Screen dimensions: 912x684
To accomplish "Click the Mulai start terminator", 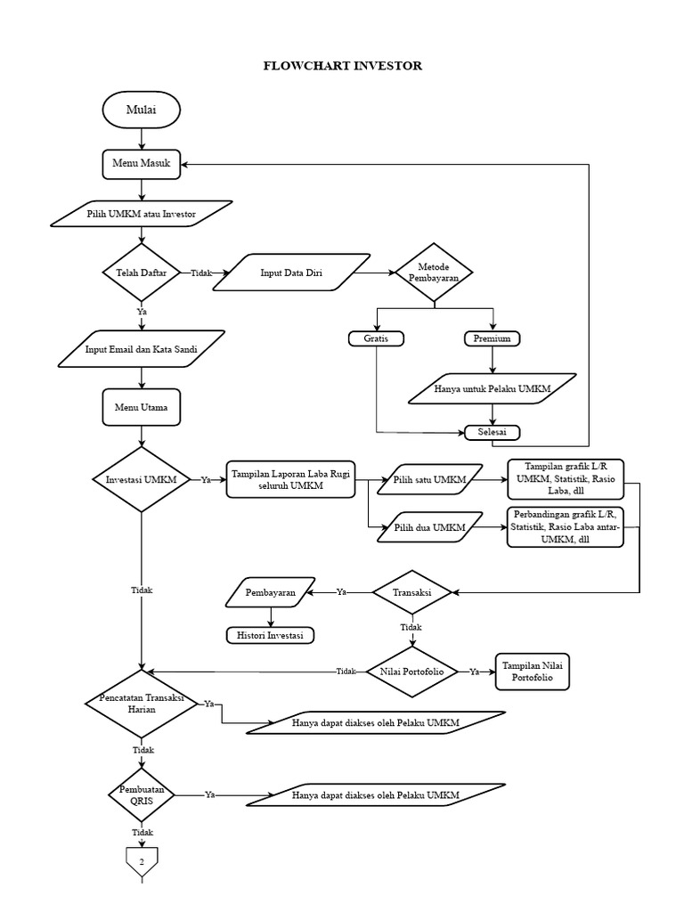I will pos(142,110).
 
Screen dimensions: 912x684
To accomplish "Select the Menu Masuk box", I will pos(142,164).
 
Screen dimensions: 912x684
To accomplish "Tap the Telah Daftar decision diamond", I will pos(142,273).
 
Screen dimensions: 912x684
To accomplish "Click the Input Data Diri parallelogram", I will pos(291,273).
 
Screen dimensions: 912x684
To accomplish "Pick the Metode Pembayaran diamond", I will pos(434,273).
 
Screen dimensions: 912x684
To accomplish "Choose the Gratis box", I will pos(376,338).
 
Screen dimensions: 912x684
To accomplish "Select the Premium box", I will pos(493,338).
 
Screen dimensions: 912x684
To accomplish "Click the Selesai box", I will pos(493,432).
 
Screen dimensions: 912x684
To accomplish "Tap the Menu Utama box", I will pos(142,407).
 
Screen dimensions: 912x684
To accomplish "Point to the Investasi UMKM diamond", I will pos(142,479).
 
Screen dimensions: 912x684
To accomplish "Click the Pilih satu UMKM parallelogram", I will pos(429,479).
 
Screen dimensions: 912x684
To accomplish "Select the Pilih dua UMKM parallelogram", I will pos(429,527).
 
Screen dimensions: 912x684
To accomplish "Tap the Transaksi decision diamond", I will pos(411,591).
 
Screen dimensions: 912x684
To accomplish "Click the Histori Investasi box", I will pos(270,635).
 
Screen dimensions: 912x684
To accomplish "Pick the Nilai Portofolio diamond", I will pos(411,672).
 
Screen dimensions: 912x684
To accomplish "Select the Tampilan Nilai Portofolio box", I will pos(532,672).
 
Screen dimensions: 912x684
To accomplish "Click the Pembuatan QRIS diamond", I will pos(142,794).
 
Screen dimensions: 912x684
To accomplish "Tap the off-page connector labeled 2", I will pos(142,860).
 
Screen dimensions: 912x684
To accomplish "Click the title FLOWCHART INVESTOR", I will pos(342,66).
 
